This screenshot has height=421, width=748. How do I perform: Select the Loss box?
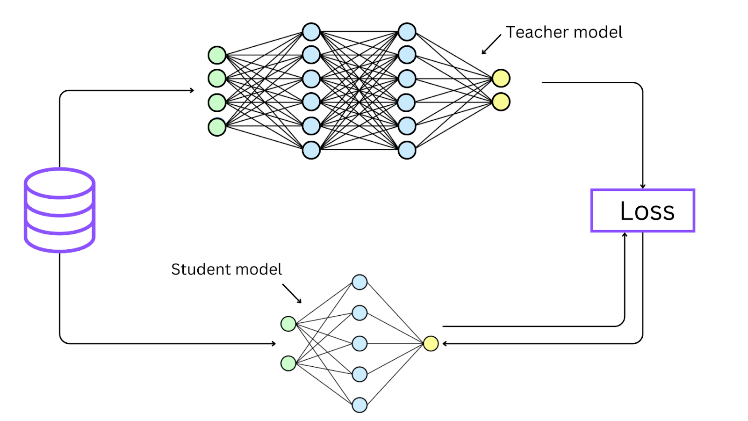643,210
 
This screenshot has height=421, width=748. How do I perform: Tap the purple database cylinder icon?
60,210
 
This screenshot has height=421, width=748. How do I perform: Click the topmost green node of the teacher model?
217,55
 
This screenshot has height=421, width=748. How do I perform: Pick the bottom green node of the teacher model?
217,127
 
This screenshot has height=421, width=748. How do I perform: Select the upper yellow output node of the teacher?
501,78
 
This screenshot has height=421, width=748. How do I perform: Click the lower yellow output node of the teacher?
501,102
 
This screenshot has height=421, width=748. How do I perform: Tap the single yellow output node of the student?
431,344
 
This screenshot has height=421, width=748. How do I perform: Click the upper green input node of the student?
288,324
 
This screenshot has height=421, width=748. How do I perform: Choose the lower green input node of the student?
288,363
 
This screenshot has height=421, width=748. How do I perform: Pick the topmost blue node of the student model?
360,282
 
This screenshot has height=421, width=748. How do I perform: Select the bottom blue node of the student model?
360,405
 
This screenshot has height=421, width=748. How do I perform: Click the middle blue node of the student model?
360,343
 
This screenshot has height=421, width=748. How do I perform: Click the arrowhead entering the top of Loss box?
643,187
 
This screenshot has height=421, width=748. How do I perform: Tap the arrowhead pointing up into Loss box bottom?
625,234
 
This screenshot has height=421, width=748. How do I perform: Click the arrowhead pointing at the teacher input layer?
192,90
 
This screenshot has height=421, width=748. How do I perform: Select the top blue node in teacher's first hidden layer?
311,32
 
